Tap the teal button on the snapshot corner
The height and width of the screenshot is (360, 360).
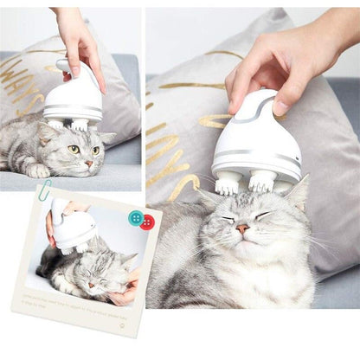click(x=135, y=217)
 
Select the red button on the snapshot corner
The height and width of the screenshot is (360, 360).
click(x=147, y=222)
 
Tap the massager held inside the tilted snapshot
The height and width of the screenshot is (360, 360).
click(x=73, y=229)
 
